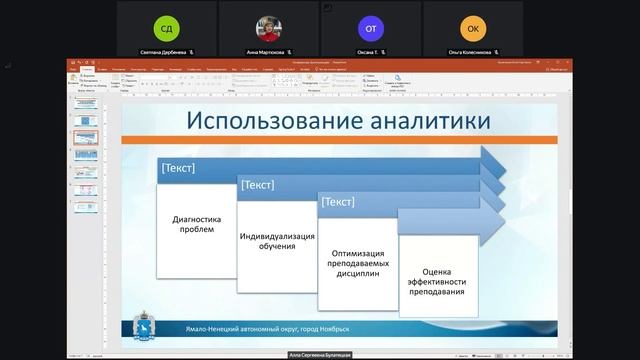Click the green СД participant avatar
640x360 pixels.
167,27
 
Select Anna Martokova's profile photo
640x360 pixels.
269,27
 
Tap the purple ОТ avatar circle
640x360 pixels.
371,27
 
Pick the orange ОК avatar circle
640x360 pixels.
473,27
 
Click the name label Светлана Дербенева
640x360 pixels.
164,50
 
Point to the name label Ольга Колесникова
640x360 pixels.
470,50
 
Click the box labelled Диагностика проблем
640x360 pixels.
196,224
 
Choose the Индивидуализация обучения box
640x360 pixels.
277,241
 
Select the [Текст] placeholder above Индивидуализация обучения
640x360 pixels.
258,184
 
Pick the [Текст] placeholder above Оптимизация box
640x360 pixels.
338,202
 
